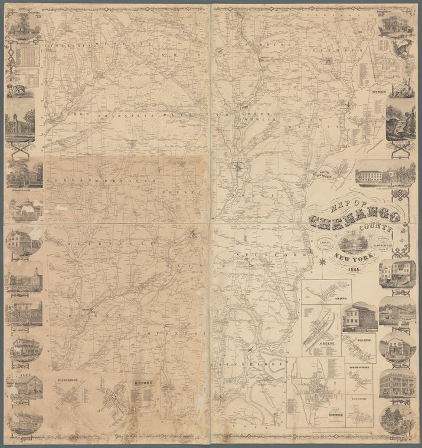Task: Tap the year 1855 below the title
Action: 355,271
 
